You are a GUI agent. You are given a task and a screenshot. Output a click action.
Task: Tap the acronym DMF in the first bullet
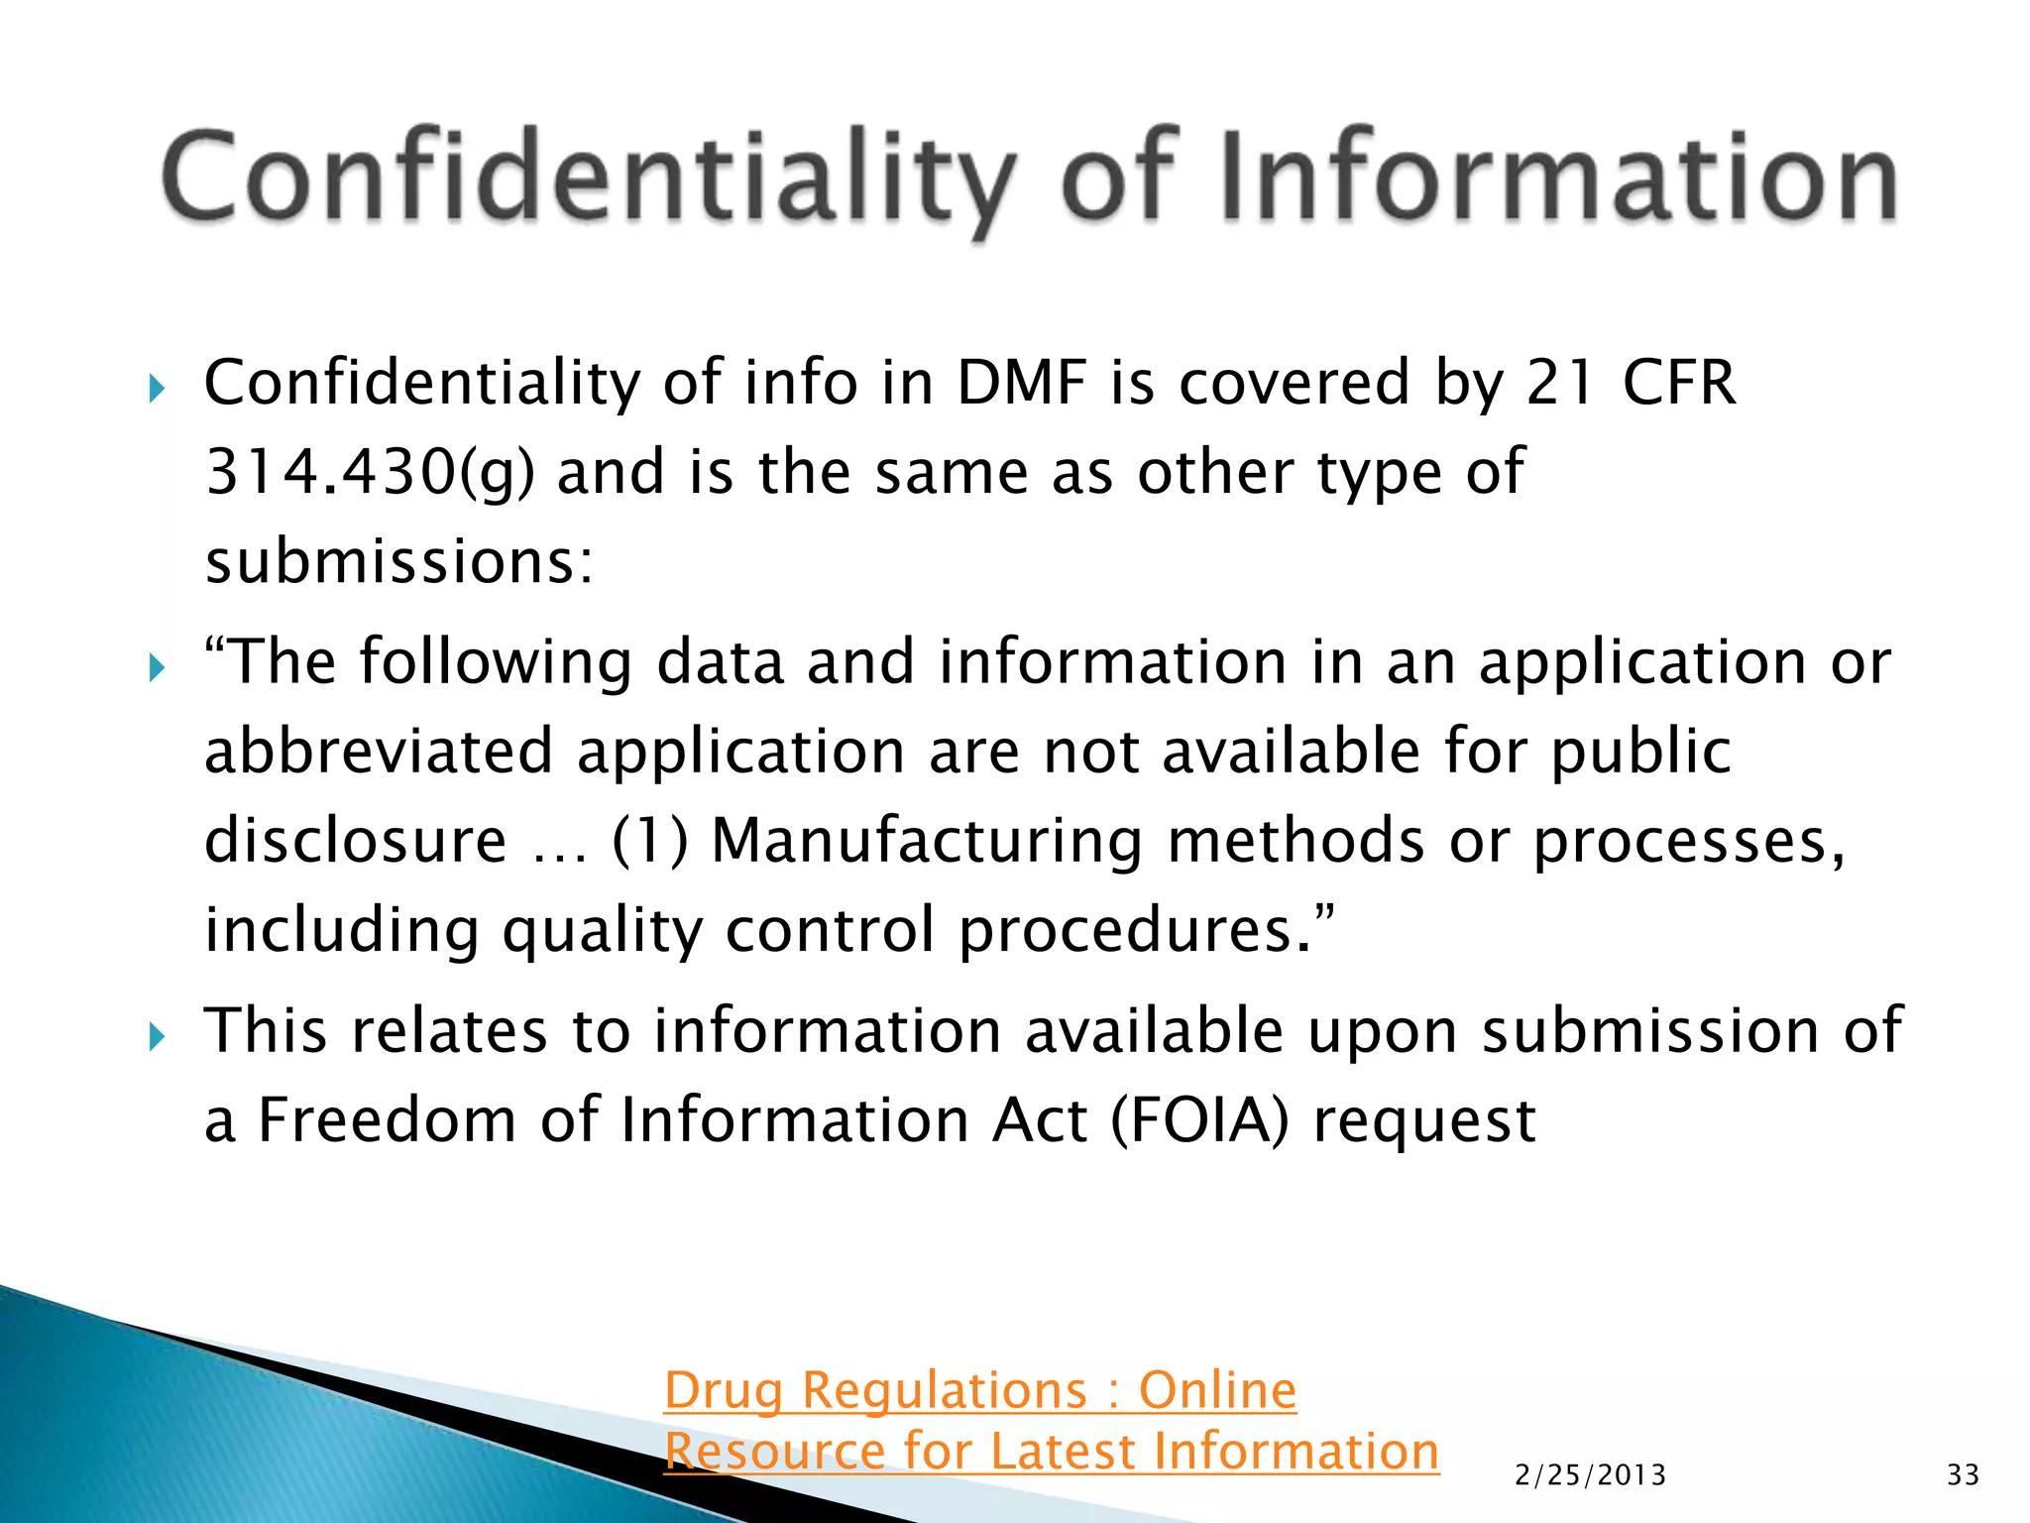(1021, 383)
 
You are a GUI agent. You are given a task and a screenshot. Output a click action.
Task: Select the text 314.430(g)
(369, 472)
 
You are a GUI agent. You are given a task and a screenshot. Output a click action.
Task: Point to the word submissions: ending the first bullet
(398, 561)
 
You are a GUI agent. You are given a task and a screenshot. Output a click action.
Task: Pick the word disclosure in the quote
(356, 841)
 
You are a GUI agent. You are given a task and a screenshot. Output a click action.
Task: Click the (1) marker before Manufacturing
(650, 841)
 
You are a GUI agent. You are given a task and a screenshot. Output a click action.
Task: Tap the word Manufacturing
(927, 841)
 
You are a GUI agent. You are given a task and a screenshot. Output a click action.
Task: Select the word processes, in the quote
(1689, 841)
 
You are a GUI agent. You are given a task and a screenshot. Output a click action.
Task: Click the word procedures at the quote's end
(1139, 930)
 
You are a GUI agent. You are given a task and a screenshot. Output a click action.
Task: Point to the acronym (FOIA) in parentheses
(1199, 1120)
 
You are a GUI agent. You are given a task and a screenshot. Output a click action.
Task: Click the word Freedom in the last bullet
(388, 1120)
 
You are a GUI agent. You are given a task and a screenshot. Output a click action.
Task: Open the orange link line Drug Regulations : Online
(979, 1390)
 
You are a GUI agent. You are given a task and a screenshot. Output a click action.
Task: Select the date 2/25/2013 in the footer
(1591, 1475)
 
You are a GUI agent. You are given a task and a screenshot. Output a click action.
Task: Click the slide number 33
(1963, 1475)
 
